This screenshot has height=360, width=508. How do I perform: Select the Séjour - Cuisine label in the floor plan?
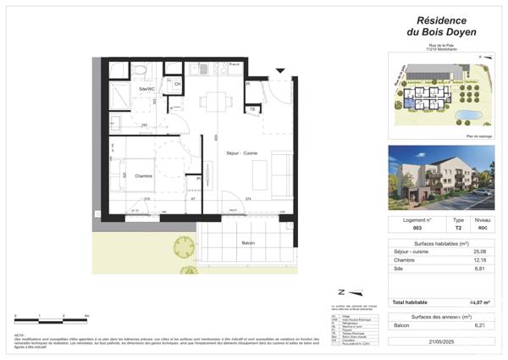coord(241,152)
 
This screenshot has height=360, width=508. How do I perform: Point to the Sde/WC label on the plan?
coord(146,89)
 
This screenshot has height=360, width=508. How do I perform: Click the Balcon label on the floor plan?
coord(248,243)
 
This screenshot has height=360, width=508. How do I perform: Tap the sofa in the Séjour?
coord(281,174)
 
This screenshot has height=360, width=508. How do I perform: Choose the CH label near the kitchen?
coord(178,84)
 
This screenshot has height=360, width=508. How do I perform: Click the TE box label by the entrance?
coord(252,108)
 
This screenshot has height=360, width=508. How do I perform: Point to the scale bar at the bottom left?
coord(51,319)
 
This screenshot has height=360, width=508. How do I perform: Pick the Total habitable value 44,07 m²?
coord(479,302)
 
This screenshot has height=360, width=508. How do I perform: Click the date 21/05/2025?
coord(439,341)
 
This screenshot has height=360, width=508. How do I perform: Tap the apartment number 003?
coord(417,228)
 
